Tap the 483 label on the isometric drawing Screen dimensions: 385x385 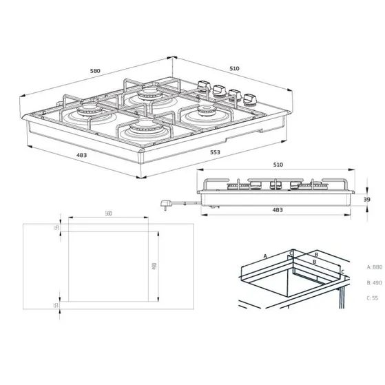coord(81,155)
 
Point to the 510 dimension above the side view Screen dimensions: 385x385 coord(278,165)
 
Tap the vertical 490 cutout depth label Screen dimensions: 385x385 coord(155,266)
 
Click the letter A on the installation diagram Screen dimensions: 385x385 coord(264,255)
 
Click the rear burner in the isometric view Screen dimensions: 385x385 coord(148,94)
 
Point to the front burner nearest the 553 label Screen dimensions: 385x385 coord(142,127)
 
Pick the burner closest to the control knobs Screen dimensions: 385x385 coord(206,110)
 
